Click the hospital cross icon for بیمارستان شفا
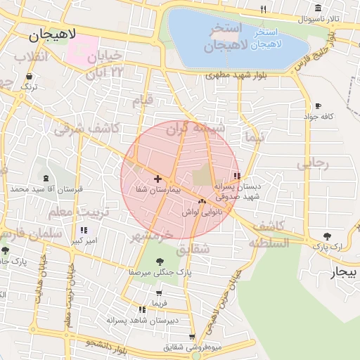[x=157, y=179]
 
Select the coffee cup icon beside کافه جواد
[x=319, y=105]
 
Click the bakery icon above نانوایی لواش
[x=202, y=202]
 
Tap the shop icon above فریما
[x=160, y=293]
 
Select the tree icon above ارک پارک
[x=326, y=236]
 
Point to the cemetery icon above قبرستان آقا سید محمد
[x=47, y=179]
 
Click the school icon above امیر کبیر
[x=84, y=230]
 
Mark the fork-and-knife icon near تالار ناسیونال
[x=264, y=10]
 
